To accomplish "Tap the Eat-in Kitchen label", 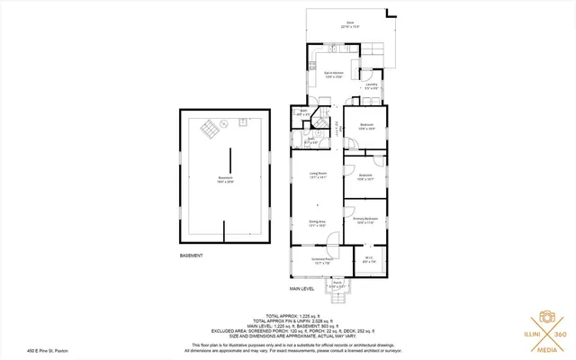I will pos(334,74).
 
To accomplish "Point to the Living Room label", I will pos(318,175).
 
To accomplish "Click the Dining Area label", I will pos(318,223).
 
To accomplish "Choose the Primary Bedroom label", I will pos(364,220).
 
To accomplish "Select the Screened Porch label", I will pos(322,261).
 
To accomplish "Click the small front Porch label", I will pos(337,284).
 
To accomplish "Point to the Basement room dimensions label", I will pos(225,179).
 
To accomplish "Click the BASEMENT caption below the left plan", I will pos(191,256).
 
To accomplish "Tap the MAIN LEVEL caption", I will pos(301,289).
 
